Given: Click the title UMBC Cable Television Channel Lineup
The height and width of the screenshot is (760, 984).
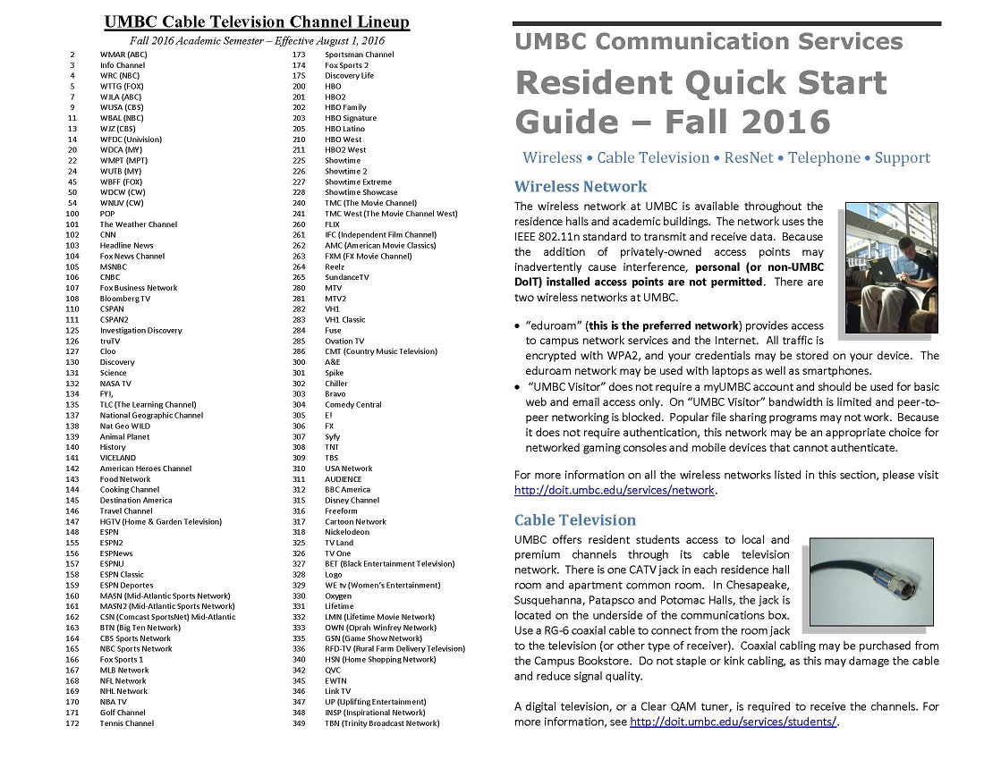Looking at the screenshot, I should tap(257, 22).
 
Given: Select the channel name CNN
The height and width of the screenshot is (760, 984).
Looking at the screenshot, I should tap(108, 235).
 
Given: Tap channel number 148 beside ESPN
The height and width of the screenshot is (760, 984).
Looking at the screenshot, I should tap(72, 532).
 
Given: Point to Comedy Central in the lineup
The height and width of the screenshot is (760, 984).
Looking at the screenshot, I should tap(352, 405).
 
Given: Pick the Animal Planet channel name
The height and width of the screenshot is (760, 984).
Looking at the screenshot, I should tap(124, 436).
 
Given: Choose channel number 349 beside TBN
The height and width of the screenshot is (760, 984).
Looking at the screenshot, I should tap(299, 723).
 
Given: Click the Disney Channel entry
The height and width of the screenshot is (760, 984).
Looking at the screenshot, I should tap(352, 501).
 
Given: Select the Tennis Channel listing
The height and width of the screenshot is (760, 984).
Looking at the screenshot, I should tap(127, 723).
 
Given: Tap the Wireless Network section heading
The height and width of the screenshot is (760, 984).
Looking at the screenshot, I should tap(580, 187).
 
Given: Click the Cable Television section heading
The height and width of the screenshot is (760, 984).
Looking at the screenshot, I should tap(575, 520).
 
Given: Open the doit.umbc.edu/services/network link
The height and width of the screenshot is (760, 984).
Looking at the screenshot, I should tap(615, 490).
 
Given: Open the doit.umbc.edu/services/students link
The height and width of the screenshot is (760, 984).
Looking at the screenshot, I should tap(734, 722).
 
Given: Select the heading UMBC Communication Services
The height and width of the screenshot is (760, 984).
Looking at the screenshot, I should tap(708, 42).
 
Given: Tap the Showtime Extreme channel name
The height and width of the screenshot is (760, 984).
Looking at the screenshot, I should tap(358, 182).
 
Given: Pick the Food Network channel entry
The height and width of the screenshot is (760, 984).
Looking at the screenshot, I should tap(124, 479).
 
